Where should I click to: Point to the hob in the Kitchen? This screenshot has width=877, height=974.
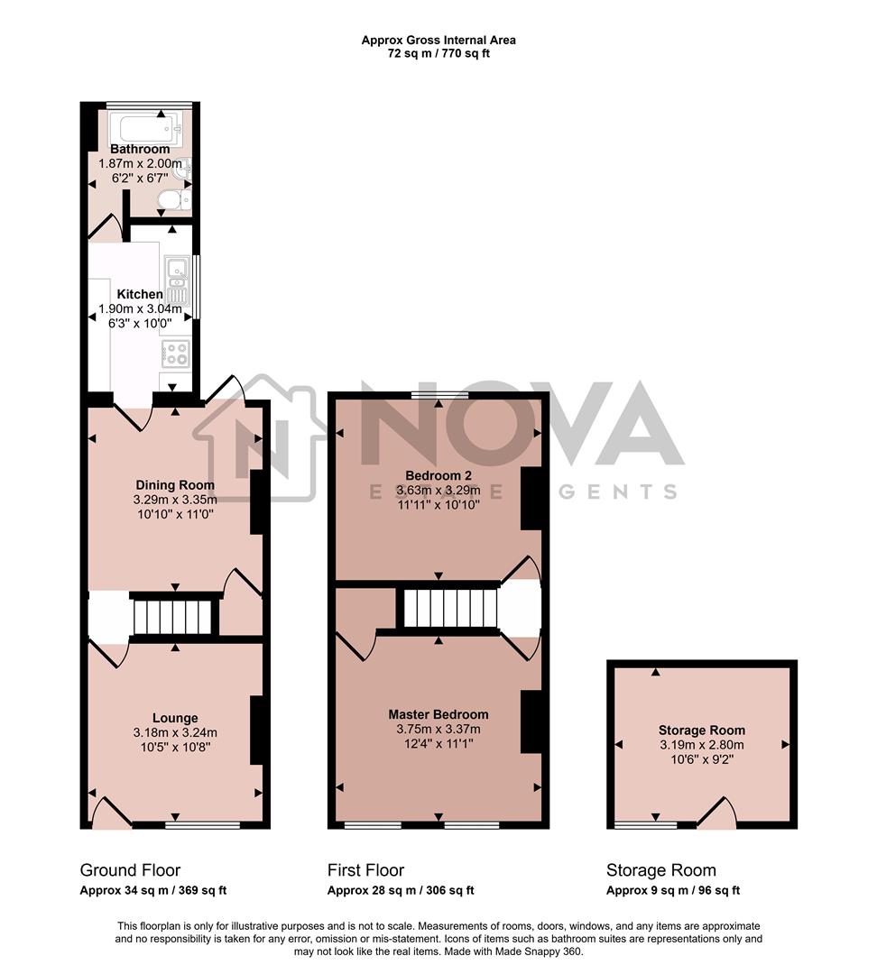tap(175, 353)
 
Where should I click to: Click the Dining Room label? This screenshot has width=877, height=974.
tap(175, 484)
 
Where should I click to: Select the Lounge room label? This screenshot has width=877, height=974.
tap(176, 718)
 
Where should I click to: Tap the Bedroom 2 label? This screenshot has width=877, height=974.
tap(438, 475)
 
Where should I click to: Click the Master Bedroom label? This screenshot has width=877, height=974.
tap(438, 714)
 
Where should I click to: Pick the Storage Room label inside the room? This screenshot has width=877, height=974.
tap(701, 730)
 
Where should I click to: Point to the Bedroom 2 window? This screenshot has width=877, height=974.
tap(439, 394)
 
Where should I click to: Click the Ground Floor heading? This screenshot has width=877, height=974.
tap(130, 870)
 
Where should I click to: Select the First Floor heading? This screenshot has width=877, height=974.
tap(365, 870)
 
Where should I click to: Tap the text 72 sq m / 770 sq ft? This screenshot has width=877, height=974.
tap(438, 53)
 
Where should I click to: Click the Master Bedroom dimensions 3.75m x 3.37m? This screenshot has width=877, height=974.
tap(438, 730)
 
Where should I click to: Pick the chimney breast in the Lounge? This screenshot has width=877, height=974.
tap(256, 730)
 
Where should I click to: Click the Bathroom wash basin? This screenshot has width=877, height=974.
tap(184, 169)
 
